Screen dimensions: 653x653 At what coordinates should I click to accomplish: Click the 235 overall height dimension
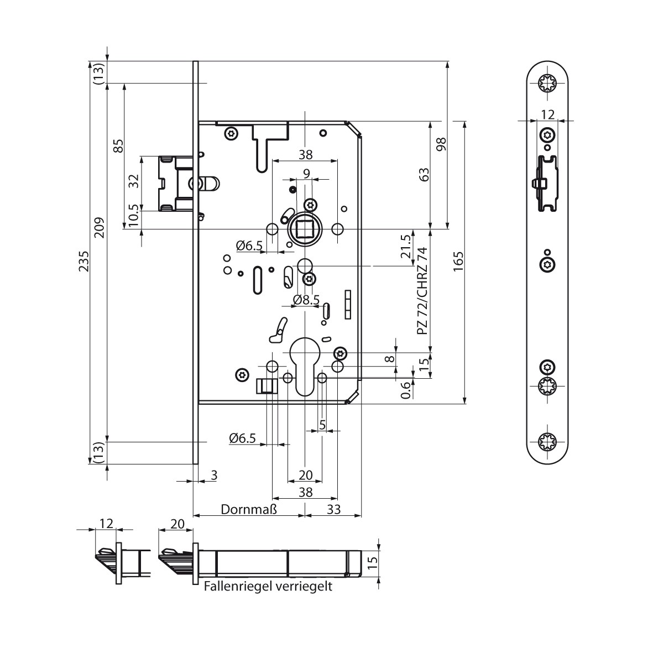(x=84, y=261)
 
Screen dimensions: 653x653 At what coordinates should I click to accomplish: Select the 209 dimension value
(x=99, y=227)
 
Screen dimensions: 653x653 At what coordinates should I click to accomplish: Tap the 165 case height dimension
(x=458, y=262)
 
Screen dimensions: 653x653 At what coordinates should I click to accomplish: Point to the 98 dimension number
(x=441, y=144)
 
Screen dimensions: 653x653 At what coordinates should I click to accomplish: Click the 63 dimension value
(x=424, y=175)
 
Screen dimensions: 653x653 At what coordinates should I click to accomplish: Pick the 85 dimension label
(x=118, y=146)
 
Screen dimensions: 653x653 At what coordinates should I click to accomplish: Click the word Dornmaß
(x=249, y=509)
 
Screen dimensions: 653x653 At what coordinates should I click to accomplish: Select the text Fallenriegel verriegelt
(x=268, y=586)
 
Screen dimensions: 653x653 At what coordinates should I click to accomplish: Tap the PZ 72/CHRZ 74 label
(x=422, y=291)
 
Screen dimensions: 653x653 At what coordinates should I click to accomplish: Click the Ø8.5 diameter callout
(x=306, y=300)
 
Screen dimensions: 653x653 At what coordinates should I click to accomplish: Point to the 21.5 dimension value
(x=406, y=246)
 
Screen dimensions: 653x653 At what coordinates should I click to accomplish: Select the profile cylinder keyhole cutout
(x=305, y=365)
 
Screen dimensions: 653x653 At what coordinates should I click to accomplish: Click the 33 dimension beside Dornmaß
(x=333, y=509)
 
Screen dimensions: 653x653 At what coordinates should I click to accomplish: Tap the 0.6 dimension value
(x=406, y=390)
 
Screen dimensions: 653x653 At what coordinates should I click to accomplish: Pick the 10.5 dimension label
(x=133, y=215)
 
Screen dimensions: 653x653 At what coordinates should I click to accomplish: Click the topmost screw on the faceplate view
(x=547, y=82)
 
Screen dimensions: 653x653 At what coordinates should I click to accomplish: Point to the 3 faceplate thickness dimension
(x=214, y=475)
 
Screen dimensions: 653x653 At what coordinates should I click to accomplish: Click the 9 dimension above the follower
(x=306, y=173)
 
